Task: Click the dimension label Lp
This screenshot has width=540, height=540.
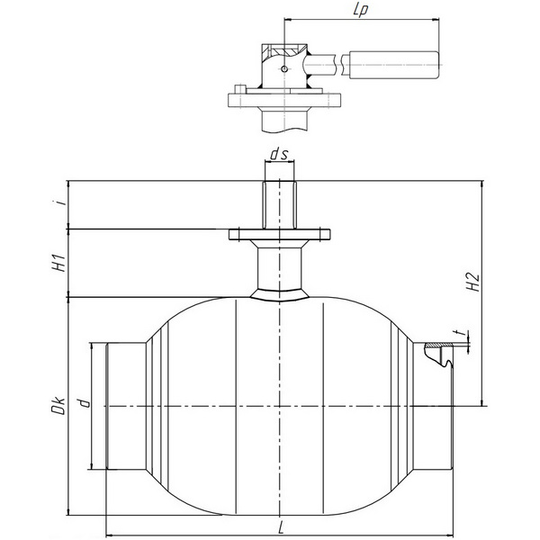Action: pos(360,10)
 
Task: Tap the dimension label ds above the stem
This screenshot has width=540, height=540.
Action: pos(279,155)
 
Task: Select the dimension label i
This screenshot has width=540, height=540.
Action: pos(62,202)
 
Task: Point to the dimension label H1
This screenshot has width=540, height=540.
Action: pos(60,264)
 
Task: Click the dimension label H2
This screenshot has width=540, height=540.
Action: pos(474,283)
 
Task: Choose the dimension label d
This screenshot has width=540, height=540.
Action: pos(84,403)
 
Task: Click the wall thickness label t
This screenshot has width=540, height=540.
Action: pos(458,333)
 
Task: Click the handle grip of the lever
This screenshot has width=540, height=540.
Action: pos(394,65)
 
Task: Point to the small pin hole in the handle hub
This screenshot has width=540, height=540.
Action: pos(283,69)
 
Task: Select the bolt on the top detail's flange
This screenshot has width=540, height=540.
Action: pos(239,89)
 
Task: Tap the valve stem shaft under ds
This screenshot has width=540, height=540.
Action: pos(279,205)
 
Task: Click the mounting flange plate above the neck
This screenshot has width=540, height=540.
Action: pos(280,234)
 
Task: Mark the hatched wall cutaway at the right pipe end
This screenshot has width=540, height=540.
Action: pos(437,345)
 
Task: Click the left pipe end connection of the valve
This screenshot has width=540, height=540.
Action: pos(126,406)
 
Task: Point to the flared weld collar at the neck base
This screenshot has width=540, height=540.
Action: pos(280,295)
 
